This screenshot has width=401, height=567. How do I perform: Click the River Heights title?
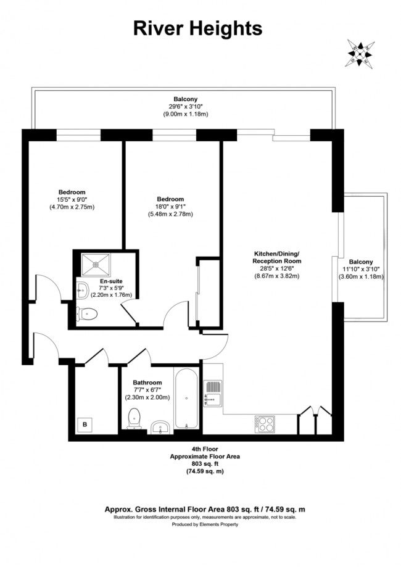198,29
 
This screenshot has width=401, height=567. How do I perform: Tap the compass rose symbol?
360,54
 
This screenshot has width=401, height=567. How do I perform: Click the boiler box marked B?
85,424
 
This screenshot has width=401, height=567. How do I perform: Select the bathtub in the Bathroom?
186,399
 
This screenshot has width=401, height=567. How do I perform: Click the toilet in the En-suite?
87,313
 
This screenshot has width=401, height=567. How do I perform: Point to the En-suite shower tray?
96,265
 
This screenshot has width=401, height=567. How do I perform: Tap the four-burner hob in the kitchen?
265,424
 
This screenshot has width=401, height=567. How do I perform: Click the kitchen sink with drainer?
213,394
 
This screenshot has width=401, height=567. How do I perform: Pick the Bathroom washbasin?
160,426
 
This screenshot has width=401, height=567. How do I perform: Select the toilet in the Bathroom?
134,419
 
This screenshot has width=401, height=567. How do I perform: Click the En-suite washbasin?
83,289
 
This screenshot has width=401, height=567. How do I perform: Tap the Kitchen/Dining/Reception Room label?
276,257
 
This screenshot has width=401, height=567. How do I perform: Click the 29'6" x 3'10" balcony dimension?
186,106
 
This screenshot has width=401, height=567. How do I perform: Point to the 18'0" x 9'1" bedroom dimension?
170,207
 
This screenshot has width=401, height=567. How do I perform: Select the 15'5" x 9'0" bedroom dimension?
72,200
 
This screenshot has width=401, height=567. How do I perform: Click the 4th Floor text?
205,449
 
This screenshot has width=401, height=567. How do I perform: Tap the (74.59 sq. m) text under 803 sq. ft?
205,471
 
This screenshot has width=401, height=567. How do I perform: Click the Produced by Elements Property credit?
205,524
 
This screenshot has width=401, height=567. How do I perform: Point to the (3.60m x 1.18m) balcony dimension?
361,276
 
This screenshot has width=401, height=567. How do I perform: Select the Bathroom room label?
147,383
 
